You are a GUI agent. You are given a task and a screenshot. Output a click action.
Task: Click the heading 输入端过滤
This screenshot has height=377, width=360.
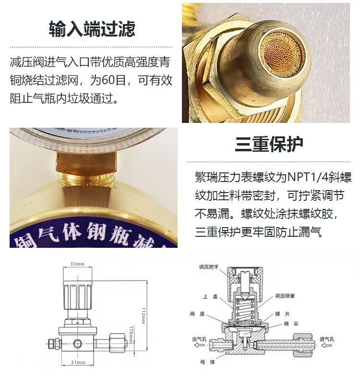point(92,29)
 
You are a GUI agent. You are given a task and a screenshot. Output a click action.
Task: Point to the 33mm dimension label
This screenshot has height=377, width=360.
point(77,264)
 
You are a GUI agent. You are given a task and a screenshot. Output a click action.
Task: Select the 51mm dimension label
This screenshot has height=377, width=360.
point(78,362)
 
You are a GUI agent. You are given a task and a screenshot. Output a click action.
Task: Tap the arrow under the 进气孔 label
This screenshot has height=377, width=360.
point(331,345)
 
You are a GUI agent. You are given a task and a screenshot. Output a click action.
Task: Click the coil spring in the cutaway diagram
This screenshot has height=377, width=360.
point(245,308)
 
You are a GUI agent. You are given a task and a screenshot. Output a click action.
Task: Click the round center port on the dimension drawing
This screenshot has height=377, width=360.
point(77,344)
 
